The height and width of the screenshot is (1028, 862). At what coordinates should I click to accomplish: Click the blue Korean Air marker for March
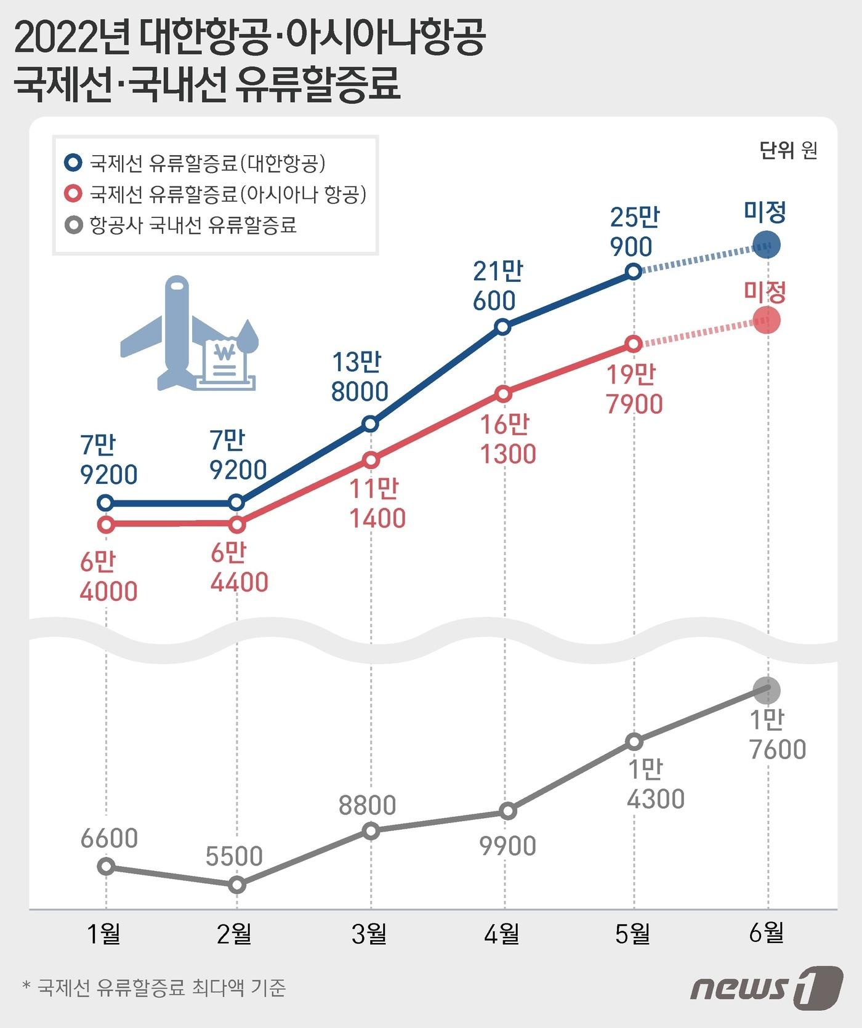pyautogui.click(x=370, y=424)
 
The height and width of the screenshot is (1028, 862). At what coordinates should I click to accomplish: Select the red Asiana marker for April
pyautogui.click(x=503, y=394)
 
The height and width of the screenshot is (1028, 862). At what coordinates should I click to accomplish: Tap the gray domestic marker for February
pyautogui.click(x=237, y=885)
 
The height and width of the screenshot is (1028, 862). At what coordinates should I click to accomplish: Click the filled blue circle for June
pyautogui.click(x=767, y=245)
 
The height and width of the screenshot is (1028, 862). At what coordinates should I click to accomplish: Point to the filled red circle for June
pyautogui.click(x=767, y=320)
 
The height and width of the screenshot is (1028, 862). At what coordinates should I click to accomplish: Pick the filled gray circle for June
pyautogui.click(x=767, y=690)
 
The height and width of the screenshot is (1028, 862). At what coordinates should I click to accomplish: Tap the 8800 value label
pyautogui.click(x=368, y=805)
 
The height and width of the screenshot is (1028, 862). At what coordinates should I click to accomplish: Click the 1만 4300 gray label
pyautogui.click(x=655, y=784)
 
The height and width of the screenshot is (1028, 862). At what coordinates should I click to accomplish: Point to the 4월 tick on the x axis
pyautogui.click(x=502, y=934)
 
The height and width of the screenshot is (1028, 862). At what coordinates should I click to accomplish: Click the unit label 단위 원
pyautogui.click(x=788, y=150)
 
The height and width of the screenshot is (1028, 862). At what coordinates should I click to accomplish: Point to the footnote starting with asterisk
pyautogui.click(x=154, y=987)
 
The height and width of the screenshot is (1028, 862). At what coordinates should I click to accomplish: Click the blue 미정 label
pyautogui.click(x=765, y=212)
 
